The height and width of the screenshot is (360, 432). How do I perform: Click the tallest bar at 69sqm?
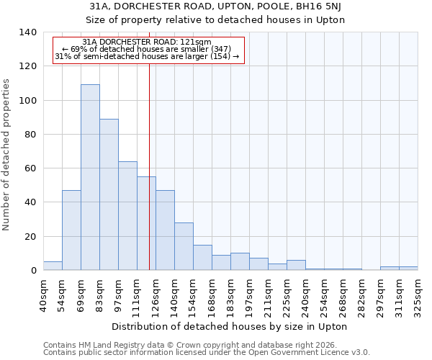[90, 177]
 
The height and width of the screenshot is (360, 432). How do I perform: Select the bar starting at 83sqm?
[109, 194]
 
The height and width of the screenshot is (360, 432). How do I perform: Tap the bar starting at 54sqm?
[71, 230]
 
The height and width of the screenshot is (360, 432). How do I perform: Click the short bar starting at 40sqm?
[53, 266]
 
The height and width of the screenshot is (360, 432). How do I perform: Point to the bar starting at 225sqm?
[296, 265]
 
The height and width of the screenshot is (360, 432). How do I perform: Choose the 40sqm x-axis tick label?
[44, 294]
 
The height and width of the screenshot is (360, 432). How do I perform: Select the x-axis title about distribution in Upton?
[230, 326]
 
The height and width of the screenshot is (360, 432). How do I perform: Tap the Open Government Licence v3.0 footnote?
[207, 353]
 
